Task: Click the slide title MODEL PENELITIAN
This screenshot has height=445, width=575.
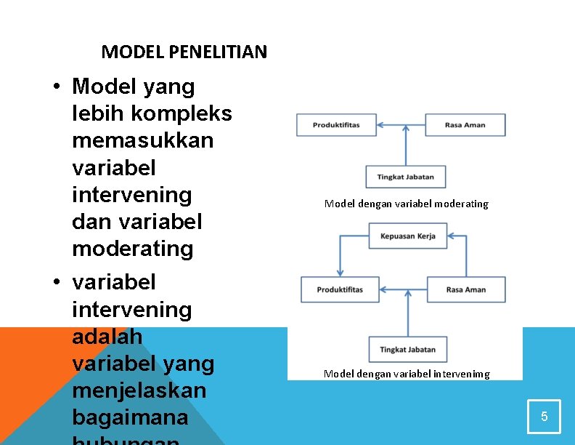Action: (x=184, y=52)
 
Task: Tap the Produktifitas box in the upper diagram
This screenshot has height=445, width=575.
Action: (x=336, y=125)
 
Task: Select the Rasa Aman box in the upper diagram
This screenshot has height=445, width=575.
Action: (x=465, y=125)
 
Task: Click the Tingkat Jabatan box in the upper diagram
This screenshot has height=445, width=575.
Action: (x=406, y=177)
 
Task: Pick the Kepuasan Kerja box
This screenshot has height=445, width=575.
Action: (x=407, y=236)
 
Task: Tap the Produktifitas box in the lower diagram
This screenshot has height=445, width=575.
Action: (x=340, y=289)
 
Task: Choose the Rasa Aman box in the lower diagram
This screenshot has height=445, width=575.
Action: (x=465, y=289)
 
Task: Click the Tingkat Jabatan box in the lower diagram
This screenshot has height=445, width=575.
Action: (x=407, y=350)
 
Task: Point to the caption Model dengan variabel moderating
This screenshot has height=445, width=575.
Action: (x=406, y=204)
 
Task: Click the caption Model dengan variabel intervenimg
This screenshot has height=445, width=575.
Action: (x=407, y=374)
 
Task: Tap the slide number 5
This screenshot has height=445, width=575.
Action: (x=545, y=417)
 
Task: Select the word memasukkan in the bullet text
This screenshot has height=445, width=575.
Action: (x=143, y=140)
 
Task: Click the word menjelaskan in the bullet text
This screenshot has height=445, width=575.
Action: (x=139, y=390)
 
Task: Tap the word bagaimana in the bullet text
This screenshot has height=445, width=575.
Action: (x=130, y=417)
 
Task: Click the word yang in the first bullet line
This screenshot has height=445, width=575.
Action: (x=170, y=87)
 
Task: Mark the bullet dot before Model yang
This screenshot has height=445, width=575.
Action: (x=56, y=87)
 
